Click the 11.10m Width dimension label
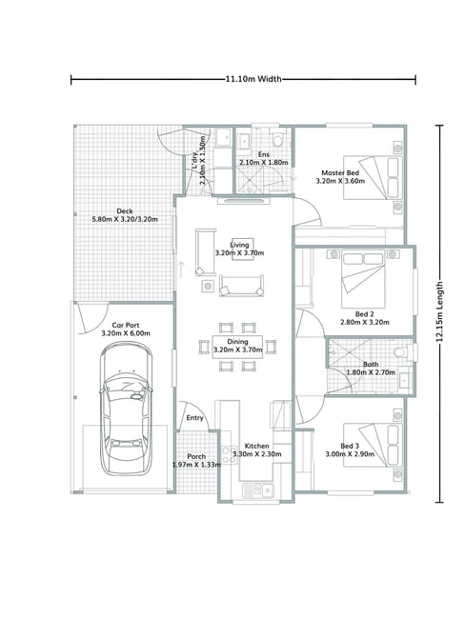253,79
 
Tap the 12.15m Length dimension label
439,311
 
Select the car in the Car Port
126,409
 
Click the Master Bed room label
340,173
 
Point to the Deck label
125,211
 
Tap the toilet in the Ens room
278,138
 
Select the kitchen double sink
257,490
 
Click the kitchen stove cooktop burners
228,454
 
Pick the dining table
237,347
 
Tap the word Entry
194,418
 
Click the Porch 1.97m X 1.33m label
196,460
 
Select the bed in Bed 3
373,445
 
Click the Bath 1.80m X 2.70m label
371,369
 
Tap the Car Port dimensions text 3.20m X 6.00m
126,333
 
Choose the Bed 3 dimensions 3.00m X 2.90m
350,454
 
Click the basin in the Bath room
405,380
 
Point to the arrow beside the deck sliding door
181,270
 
